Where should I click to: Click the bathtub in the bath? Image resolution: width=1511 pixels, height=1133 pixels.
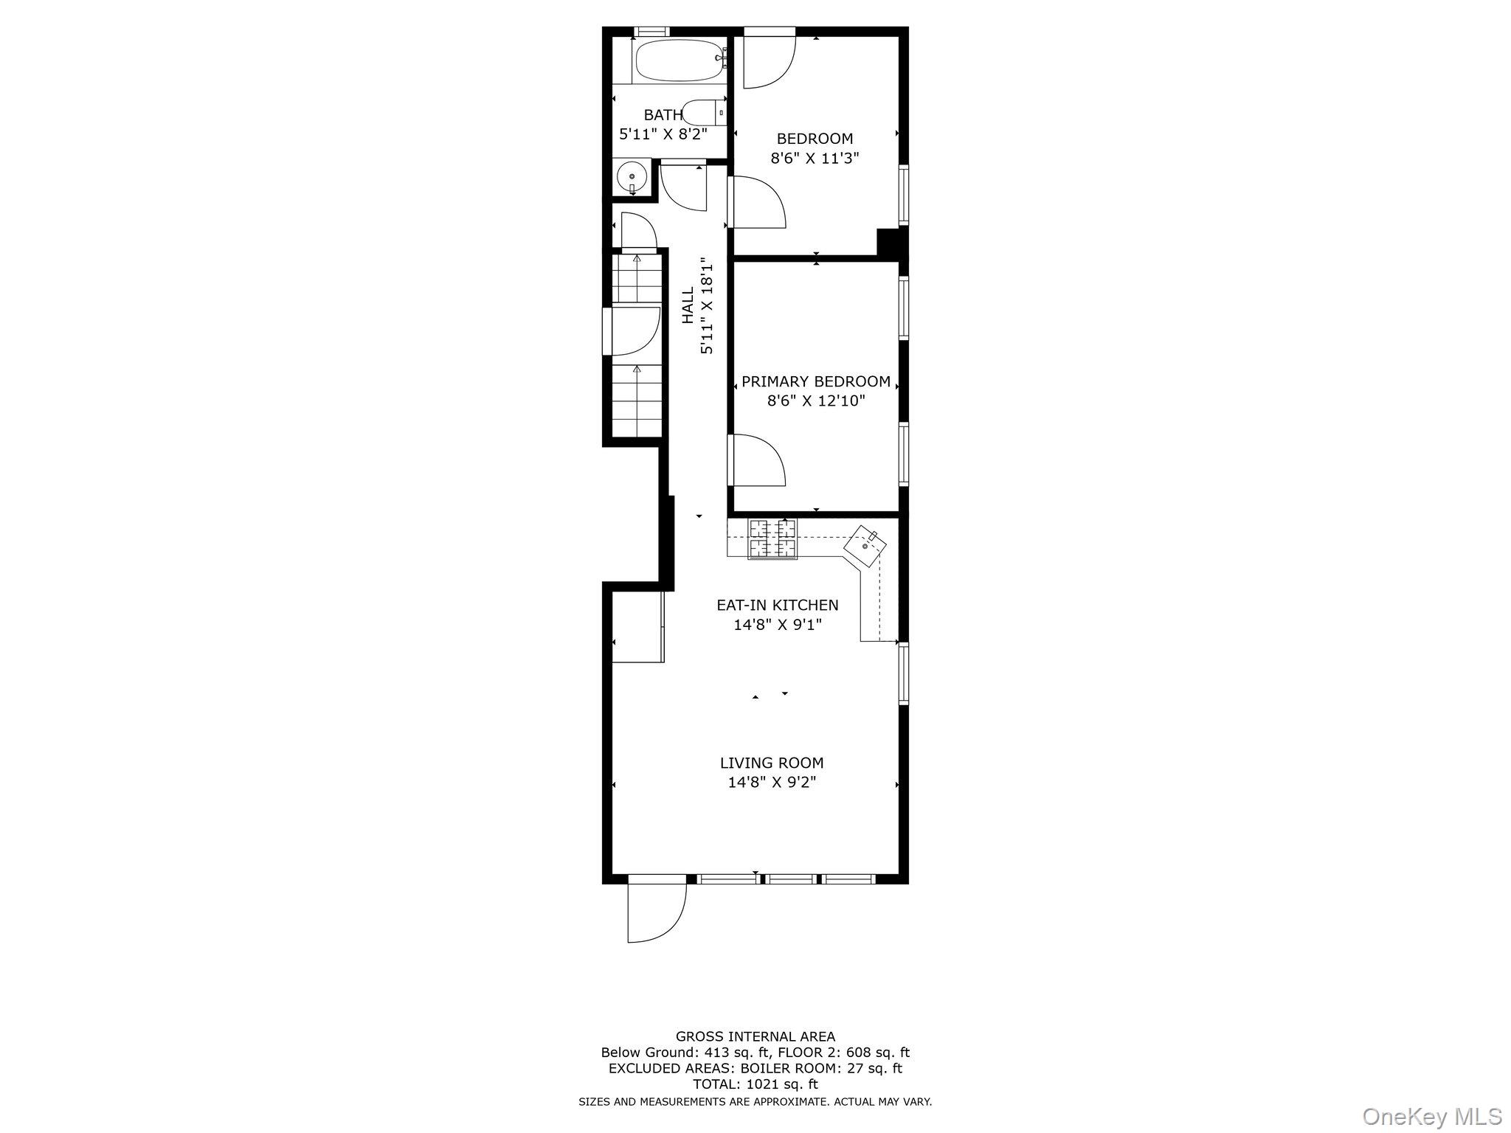pyautogui.click(x=680, y=60)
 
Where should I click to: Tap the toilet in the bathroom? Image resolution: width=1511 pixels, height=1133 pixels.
pyautogui.click(x=703, y=113)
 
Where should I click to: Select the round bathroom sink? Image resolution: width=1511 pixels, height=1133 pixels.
pyautogui.click(x=632, y=177)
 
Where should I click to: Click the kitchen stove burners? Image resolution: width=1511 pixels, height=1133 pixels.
pyautogui.click(x=772, y=538)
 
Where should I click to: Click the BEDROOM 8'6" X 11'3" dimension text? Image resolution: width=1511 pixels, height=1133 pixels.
pyautogui.click(x=815, y=158)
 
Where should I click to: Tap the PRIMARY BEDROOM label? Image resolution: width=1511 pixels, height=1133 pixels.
pyautogui.click(x=815, y=381)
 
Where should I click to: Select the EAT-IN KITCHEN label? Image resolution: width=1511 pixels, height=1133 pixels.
pyautogui.click(x=778, y=605)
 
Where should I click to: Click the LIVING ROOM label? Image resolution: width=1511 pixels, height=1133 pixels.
pyautogui.click(x=772, y=763)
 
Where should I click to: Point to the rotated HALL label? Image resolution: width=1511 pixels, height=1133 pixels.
pyautogui.click(x=688, y=305)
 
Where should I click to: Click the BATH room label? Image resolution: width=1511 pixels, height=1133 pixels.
pyautogui.click(x=663, y=115)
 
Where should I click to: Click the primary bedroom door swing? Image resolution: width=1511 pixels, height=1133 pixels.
pyautogui.click(x=757, y=460)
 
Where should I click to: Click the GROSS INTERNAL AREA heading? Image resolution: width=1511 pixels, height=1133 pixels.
pyautogui.click(x=755, y=1036)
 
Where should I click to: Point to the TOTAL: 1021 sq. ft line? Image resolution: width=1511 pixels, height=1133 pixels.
pyautogui.click(x=755, y=1084)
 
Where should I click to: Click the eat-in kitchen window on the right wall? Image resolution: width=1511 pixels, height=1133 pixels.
pyautogui.click(x=903, y=673)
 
